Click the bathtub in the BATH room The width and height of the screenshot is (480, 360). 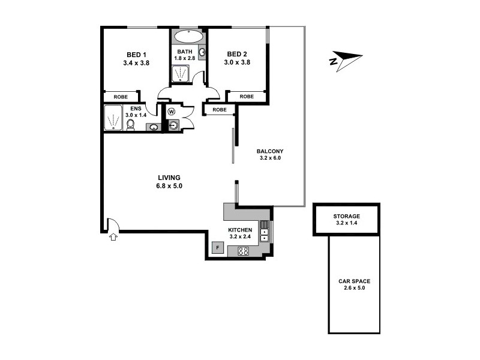(187, 37)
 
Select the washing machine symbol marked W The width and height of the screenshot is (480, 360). (172, 112)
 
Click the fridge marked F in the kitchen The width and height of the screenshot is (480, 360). (218, 247)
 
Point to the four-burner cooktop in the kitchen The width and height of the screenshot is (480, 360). (244, 252)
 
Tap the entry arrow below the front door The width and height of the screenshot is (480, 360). (112, 238)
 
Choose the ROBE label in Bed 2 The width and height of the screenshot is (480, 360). (246, 97)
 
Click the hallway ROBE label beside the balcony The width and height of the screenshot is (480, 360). (219, 110)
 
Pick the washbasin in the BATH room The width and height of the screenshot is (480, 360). (202, 52)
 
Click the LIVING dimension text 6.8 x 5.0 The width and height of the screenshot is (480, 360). (170, 186)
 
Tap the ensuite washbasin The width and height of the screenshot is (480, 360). (153, 127)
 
